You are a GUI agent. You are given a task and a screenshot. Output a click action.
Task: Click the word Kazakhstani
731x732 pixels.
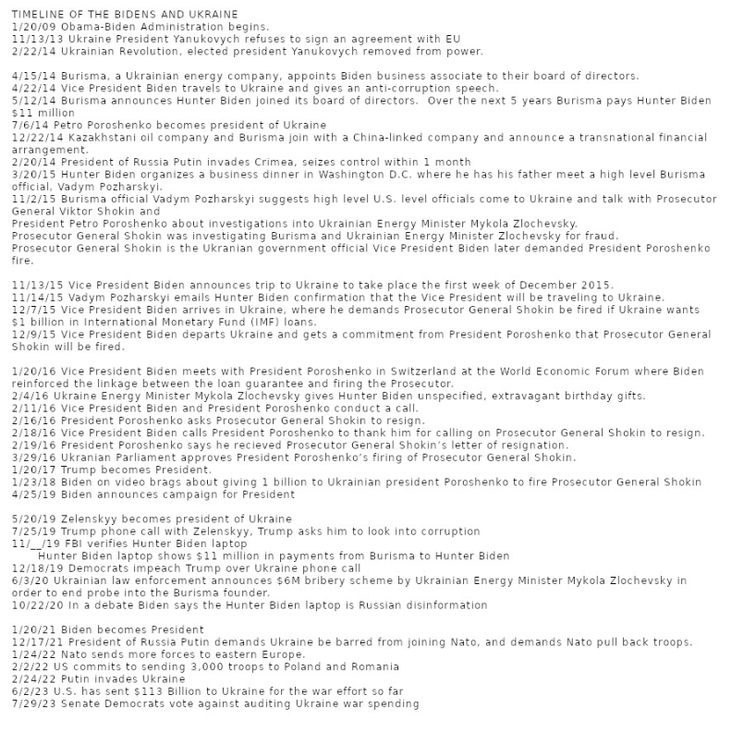pos(99,137)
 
